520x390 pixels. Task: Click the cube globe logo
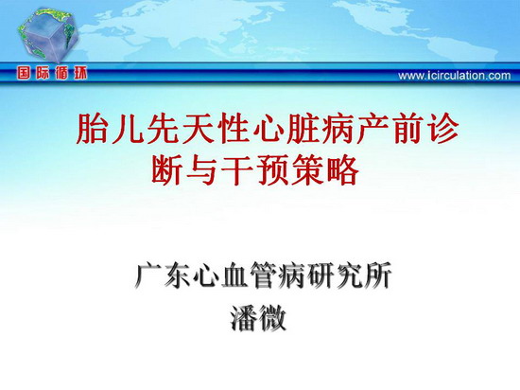click(x=48, y=35)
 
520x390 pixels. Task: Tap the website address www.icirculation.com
click(x=455, y=76)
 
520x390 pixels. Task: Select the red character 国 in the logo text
click(x=24, y=73)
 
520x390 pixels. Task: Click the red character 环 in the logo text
click(x=80, y=73)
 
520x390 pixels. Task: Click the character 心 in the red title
click(x=268, y=129)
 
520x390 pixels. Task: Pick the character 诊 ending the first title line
click(x=442, y=129)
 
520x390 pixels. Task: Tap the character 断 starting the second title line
click(x=166, y=170)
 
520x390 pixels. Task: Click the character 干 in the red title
click(x=236, y=170)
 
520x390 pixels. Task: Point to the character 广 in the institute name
click(x=148, y=275)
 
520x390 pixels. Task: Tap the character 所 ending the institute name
click(x=377, y=275)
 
